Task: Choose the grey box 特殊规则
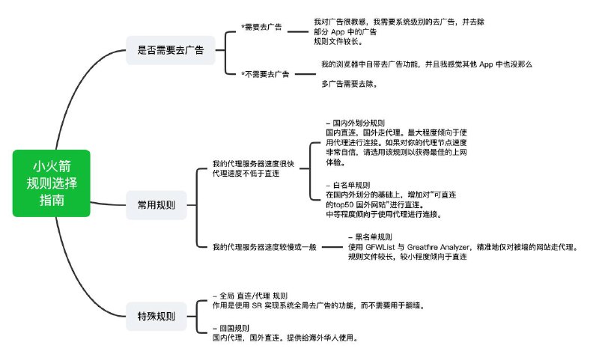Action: coord(156,316)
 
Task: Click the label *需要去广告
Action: coord(261,27)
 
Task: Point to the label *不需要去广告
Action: coord(265,74)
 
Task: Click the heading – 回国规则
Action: coord(231,328)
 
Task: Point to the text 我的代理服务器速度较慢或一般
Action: coord(255,246)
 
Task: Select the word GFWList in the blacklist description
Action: coord(381,247)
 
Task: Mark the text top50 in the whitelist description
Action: coord(337,204)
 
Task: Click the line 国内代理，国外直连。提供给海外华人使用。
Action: coord(285,338)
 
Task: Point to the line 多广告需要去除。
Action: coord(349,84)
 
